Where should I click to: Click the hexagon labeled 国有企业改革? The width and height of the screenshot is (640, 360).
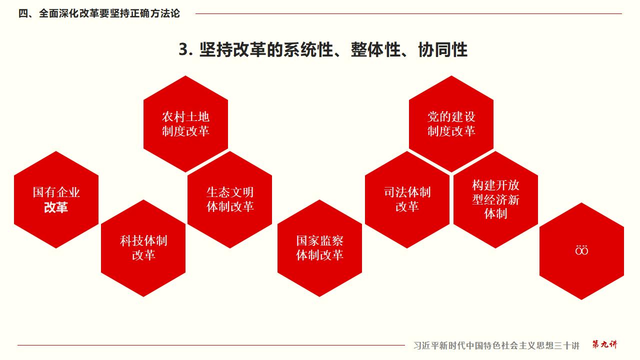pyautogui.click(x=56, y=199)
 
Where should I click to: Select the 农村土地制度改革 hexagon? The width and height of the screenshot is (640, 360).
pyautogui.click(x=185, y=124)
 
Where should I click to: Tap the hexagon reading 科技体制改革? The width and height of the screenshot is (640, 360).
pyautogui.click(x=143, y=248)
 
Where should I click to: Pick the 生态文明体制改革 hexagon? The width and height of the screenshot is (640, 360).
pyautogui.click(x=230, y=199)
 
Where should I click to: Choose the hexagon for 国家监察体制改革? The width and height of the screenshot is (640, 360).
pyautogui.click(x=319, y=248)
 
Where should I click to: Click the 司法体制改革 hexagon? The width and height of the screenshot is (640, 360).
pyautogui.click(x=407, y=199)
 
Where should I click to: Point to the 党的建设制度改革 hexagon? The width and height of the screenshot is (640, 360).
pyautogui.click(x=451, y=124)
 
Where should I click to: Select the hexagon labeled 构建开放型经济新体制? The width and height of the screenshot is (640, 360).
pyautogui.click(x=495, y=199)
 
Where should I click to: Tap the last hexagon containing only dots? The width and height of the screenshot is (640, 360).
pyautogui.click(x=581, y=250)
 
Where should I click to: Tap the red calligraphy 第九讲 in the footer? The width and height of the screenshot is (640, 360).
pyautogui.click(x=604, y=344)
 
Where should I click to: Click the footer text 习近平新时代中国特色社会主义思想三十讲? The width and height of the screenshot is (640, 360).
pyautogui.click(x=496, y=345)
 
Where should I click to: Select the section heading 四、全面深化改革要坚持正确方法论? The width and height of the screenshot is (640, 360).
pyautogui.click(x=99, y=14)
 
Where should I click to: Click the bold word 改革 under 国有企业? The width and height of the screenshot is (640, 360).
pyautogui.click(x=56, y=207)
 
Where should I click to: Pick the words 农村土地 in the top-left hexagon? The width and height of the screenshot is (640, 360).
pyautogui.click(x=185, y=117)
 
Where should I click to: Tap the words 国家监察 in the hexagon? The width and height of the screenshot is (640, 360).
pyautogui.click(x=319, y=241)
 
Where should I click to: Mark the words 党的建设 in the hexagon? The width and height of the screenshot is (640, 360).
pyautogui.click(x=451, y=117)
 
